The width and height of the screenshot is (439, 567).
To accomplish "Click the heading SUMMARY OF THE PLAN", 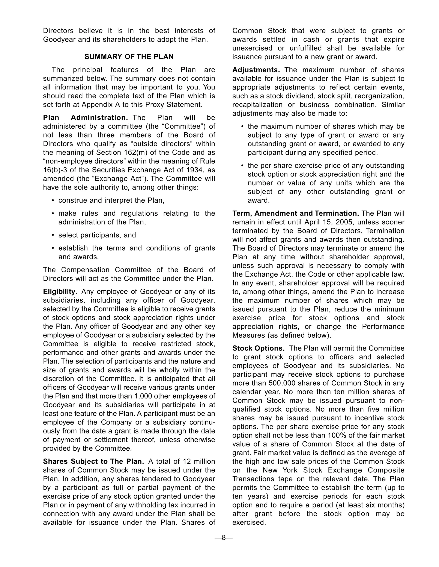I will pos(129,57).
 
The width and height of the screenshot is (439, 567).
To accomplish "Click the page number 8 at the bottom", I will pos(224,538).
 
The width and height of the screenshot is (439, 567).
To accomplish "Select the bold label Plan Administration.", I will pos(85,118).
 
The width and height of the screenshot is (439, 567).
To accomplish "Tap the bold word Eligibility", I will pos(59,292).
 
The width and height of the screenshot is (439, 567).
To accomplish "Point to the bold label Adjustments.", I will pos(256,70).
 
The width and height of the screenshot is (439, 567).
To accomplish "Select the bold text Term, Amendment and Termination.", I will pos(295,213).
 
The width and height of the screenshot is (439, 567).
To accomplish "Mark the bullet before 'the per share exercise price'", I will pos(242,166).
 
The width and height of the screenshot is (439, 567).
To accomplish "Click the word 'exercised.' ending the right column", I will pos(249,522).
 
